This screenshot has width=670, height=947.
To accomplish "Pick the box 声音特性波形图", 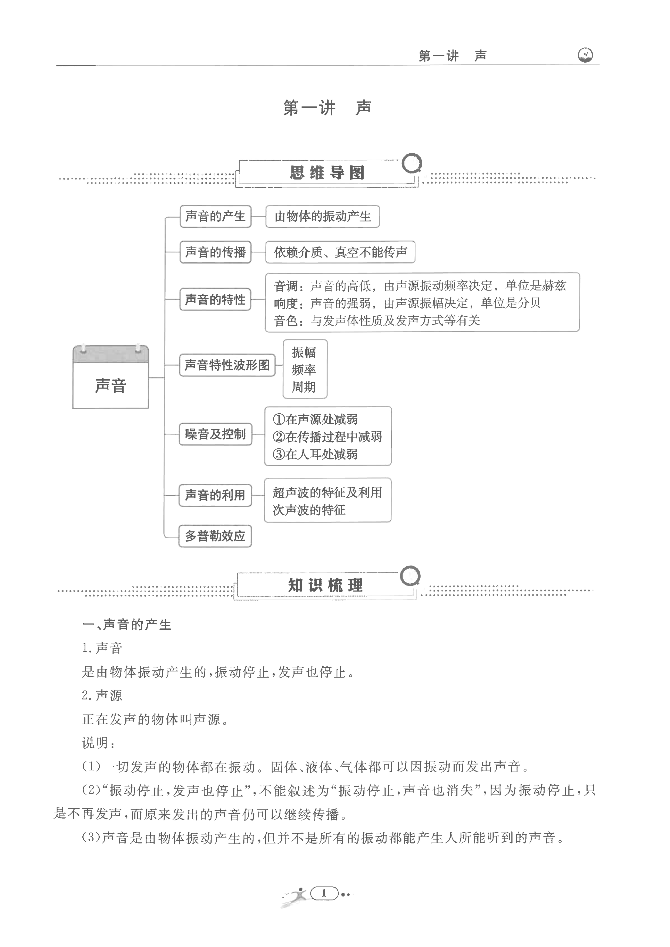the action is click(x=227, y=365).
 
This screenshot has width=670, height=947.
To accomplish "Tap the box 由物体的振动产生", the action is click(x=322, y=216).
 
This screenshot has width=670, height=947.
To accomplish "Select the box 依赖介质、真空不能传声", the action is click(x=340, y=252).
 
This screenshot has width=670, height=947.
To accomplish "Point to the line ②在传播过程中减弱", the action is click(x=327, y=436).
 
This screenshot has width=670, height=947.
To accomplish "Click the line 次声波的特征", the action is click(x=309, y=510).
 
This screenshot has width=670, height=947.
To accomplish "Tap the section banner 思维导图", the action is click(x=327, y=173).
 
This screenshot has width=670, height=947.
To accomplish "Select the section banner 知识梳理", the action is click(x=325, y=585).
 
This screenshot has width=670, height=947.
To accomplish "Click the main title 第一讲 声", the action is click(x=327, y=108).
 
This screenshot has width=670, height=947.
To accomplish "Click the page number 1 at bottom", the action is click(x=324, y=893).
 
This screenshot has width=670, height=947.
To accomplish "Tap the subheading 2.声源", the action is click(x=102, y=696).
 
